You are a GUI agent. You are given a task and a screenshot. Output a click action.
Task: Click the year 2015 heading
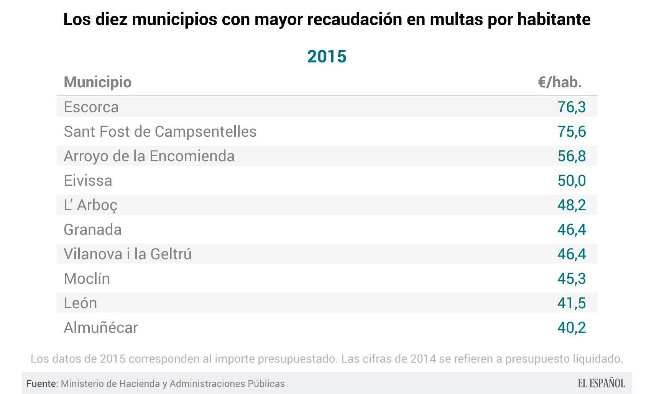pos(327,57)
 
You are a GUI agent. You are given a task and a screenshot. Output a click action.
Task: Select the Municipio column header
pos(97,82)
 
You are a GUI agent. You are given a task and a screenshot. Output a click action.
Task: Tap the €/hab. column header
pos(560,82)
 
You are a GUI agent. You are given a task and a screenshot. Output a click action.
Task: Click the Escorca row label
pos(91,107)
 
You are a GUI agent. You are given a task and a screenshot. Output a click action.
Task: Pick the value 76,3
pos(571,107)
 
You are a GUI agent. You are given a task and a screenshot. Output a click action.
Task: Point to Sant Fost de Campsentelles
pos(160,132)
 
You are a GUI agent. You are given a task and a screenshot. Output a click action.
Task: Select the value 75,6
pos(571,132)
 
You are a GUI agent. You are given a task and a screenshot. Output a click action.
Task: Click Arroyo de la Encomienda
pos(149,156)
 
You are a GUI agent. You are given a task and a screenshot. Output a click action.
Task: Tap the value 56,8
pos(571,156)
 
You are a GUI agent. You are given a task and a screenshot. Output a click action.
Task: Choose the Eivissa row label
pos(88,181)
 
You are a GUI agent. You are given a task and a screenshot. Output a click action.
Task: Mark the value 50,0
pos(571,181)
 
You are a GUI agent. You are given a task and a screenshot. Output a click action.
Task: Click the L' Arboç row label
pos(90,205)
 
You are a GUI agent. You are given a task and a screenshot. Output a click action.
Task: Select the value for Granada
pos(571,230)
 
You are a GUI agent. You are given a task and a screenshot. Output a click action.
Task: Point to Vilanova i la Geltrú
pos(127,254)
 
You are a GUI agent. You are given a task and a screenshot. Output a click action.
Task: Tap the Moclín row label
pos(87,279)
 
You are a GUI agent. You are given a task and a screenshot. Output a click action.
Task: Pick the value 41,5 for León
pos(571,303)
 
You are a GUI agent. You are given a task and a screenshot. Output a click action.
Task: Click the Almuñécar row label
pos(100,328)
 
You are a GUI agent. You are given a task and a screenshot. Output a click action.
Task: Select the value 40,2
pos(571,328)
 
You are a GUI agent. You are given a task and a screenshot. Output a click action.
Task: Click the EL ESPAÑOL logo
pos(601,383)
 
